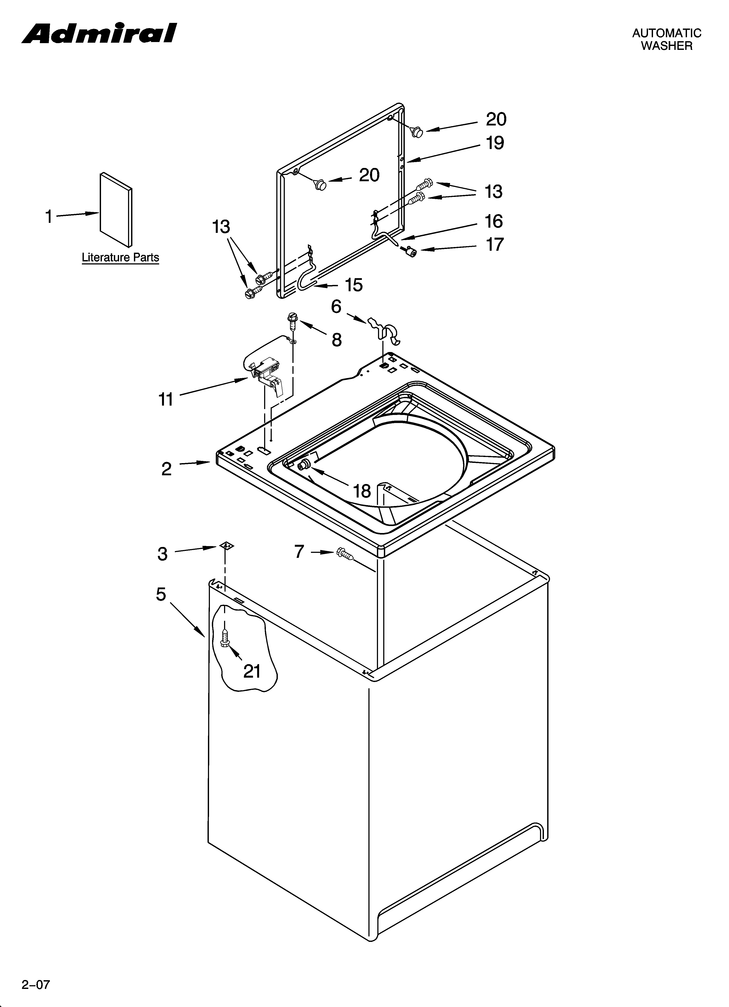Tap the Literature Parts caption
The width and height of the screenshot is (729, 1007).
pyautogui.click(x=120, y=257)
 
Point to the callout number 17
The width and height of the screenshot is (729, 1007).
pyautogui.click(x=494, y=245)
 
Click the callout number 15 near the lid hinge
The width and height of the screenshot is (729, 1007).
pyautogui.click(x=354, y=285)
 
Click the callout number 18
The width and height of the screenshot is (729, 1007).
pyautogui.click(x=362, y=491)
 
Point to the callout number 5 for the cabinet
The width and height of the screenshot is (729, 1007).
pyautogui.click(x=161, y=594)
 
